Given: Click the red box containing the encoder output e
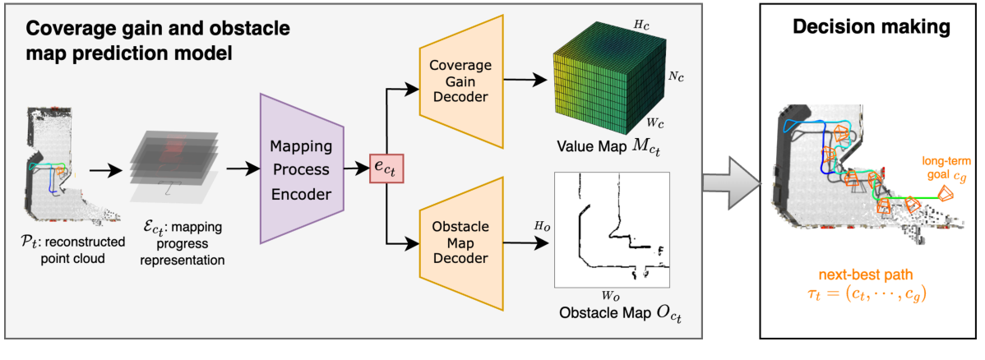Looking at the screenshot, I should (x=388, y=168).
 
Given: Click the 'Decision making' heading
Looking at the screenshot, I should (x=871, y=26).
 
